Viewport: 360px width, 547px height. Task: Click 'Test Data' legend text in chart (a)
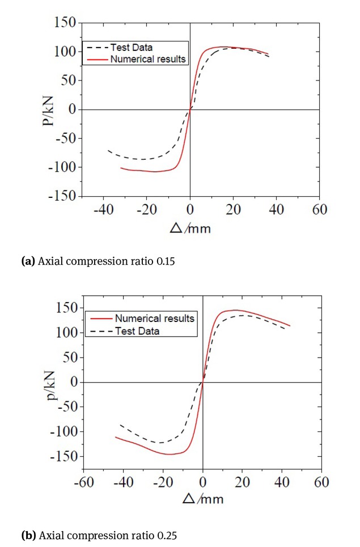point(132,47)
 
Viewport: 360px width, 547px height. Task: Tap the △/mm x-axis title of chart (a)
point(190,228)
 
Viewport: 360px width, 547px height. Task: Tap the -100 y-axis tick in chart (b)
point(63,432)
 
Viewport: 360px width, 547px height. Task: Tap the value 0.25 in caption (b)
point(154,534)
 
